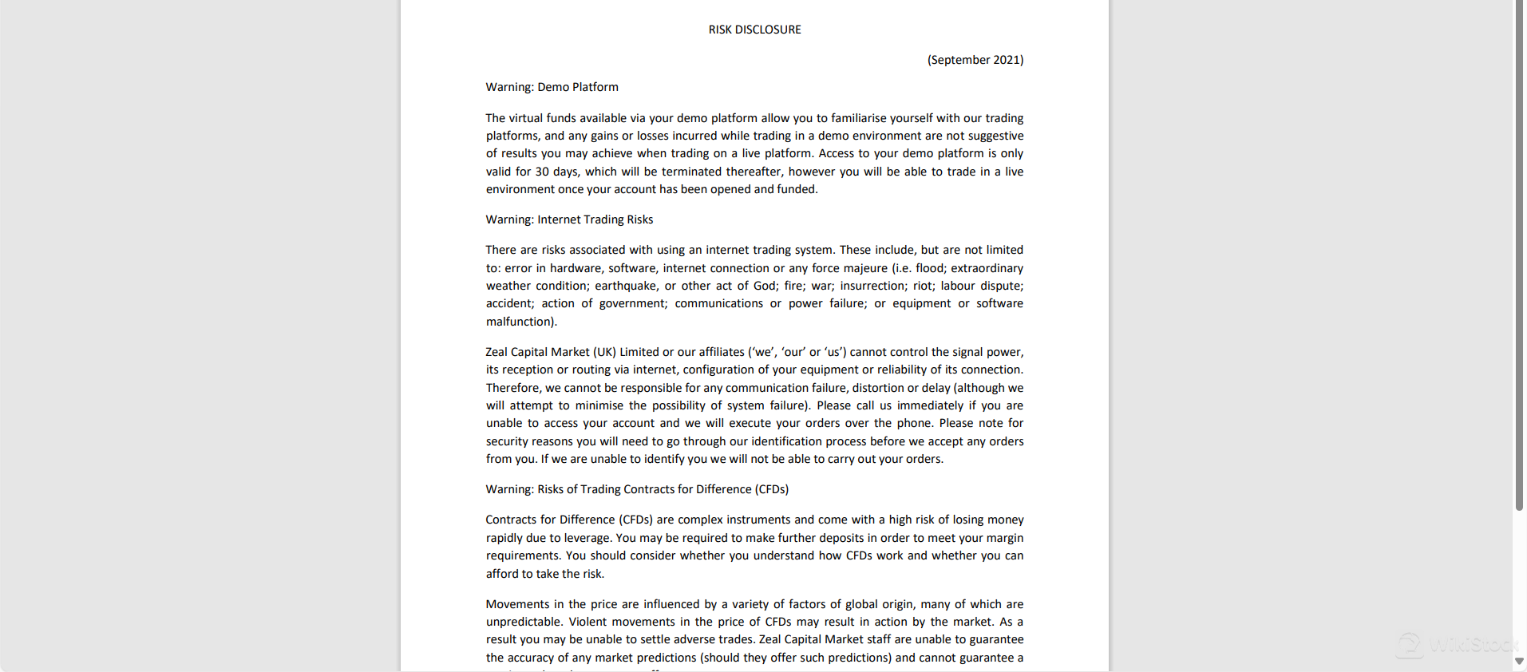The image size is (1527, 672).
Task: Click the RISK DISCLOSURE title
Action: tap(754, 30)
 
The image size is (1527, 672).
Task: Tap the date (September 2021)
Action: tap(975, 60)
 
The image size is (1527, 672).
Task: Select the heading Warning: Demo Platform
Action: tap(552, 87)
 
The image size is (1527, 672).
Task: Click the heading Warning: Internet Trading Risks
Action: tap(569, 219)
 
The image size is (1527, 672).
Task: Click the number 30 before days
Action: tap(542, 172)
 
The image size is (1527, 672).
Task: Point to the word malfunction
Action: tap(519, 322)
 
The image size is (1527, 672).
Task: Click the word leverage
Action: tap(586, 538)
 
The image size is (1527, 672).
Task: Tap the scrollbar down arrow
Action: tap(1519, 661)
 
